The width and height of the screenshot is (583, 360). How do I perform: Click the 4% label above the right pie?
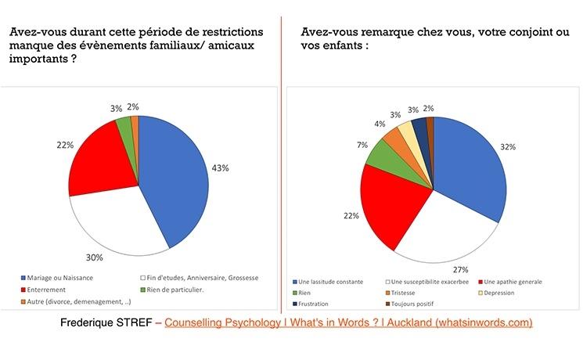pyautogui.click(x=380, y=123)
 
